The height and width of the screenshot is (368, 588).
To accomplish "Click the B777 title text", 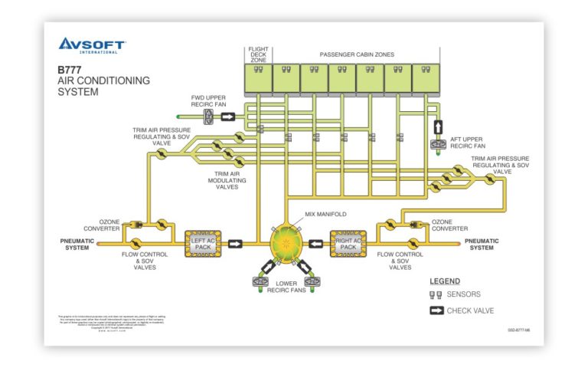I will click(x=70, y=70).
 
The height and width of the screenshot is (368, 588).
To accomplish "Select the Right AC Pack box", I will click(x=348, y=244).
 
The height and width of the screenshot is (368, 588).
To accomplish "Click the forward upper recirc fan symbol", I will click(x=207, y=117).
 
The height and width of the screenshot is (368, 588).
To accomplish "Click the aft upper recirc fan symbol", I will click(x=439, y=143).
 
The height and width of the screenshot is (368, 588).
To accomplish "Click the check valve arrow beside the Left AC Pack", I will click(x=236, y=244).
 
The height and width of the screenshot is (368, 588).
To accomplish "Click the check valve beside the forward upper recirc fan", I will click(x=228, y=117).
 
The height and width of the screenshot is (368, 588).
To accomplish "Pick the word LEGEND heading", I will click(x=445, y=281).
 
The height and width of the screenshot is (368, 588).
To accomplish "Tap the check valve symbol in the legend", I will click(x=436, y=310).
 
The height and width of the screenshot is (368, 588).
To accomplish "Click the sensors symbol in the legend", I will click(x=436, y=295).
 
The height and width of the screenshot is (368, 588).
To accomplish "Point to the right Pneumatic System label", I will click(x=482, y=244).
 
